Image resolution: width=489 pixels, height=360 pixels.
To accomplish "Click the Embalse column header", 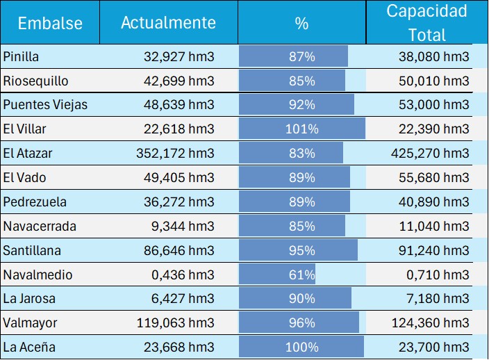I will click(x=50, y=23).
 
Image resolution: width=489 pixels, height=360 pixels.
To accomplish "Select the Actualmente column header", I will click(x=168, y=22).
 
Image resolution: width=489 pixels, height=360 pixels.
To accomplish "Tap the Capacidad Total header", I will click(x=427, y=23).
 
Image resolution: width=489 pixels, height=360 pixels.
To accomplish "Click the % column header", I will click(x=301, y=23).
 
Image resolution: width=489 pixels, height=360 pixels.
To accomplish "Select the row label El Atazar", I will click(x=27, y=153).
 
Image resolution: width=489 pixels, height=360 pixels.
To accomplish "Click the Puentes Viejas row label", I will click(x=45, y=105).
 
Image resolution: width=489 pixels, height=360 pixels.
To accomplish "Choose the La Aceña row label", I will click(x=29, y=347).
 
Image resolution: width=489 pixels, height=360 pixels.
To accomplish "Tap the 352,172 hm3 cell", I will click(x=179, y=153).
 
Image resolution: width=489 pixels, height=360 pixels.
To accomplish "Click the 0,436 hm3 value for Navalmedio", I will click(x=185, y=275).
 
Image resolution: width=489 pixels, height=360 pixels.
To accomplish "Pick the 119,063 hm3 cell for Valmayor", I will click(x=179, y=322).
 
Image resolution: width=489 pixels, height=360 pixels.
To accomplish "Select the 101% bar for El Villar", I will click(x=302, y=129).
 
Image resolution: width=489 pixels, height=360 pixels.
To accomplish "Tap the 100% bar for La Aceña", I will click(x=301, y=347).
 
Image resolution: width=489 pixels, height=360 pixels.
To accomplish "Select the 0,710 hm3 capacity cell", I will click(x=439, y=275).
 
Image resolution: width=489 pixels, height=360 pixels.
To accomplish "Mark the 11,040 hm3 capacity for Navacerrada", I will click(x=436, y=226).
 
